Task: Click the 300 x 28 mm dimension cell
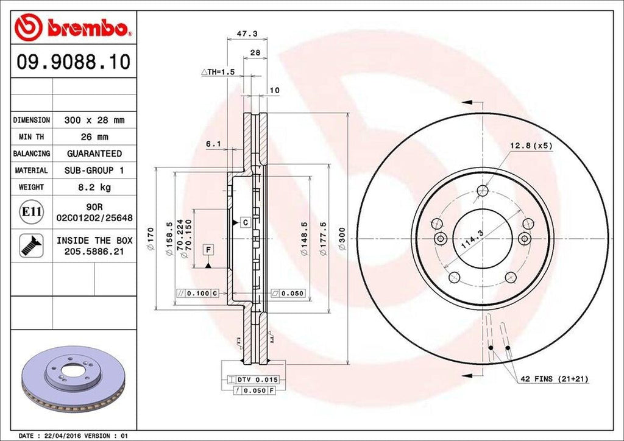(x=94, y=121)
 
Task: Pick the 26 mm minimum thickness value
(x=94, y=137)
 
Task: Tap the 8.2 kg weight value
(x=94, y=187)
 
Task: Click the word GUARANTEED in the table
(x=94, y=153)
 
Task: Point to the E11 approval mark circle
(x=31, y=212)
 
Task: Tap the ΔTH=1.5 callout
(x=218, y=72)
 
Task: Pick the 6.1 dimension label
(x=213, y=144)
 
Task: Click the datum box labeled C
(x=244, y=223)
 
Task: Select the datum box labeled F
(x=208, y=250)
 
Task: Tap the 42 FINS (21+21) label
(x=553, y=379)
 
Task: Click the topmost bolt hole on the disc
(x=483, y=190)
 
